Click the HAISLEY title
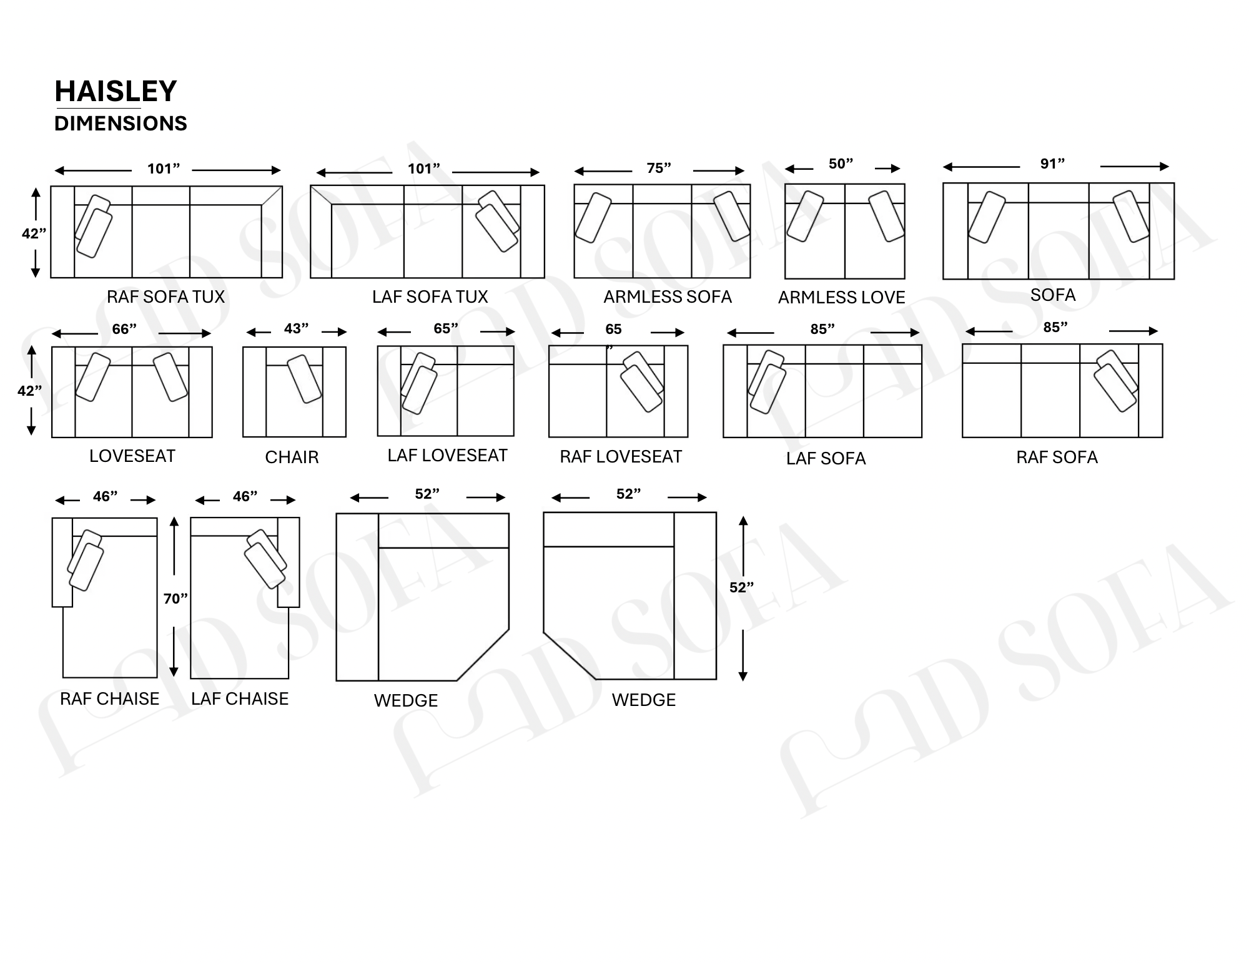pos(116,91)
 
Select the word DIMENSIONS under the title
pos(121,124)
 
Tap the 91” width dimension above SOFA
pos(1052,164)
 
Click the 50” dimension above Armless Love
pos(841,164)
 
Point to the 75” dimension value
pos(659,168)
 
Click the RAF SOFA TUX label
pos(165,296)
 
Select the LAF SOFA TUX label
pos(430,296)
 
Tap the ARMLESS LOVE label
pos(841,297)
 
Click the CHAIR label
pos(292,457)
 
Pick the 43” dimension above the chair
pos(296,328)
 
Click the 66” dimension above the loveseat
pos(124,329)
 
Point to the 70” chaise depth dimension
pos(175,599)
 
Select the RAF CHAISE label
pos(109,698)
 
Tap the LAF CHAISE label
pos(240,698)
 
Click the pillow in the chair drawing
pos(304,379)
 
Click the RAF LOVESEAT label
pos(621,456)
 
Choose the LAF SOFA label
pos(826,458)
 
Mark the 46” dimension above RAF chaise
pos(105,496)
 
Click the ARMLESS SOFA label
pos(667,296)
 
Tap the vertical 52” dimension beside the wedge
pos(741,587)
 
